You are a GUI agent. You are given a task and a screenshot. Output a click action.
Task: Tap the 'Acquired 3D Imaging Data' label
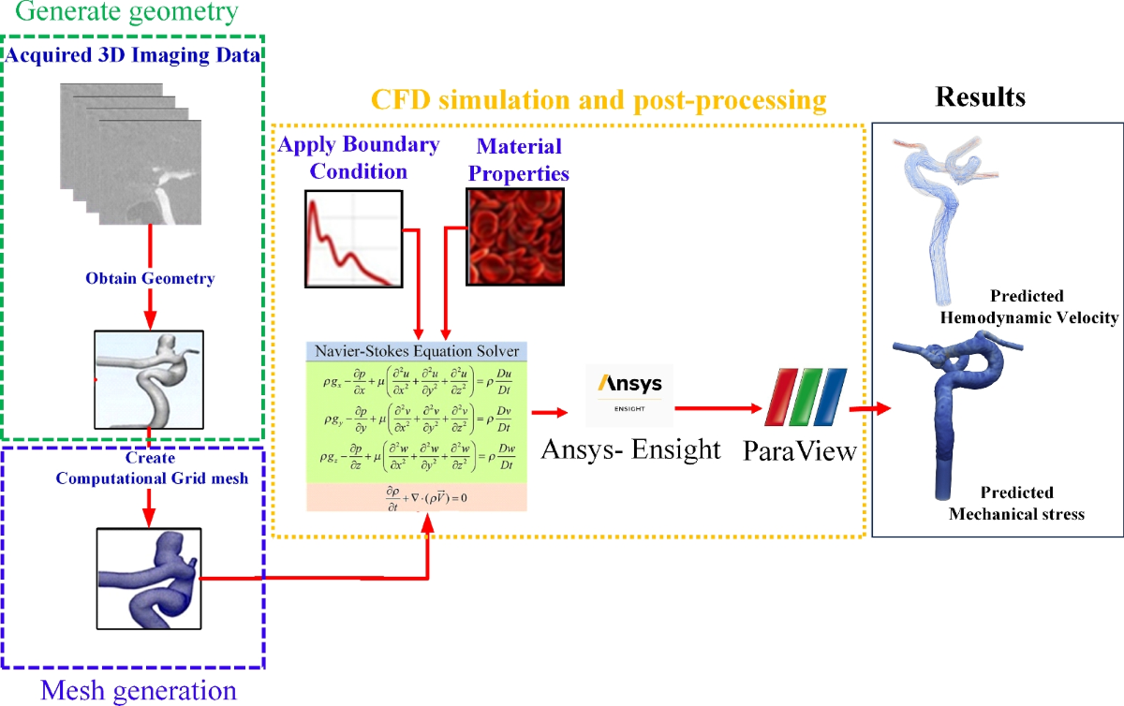[x=133, y=55]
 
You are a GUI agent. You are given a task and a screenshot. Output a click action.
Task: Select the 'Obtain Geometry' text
[x=150, y=278]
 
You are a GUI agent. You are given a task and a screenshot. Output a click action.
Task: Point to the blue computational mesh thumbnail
[x=148, y=578]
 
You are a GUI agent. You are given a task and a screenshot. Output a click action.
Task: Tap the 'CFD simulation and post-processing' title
[x=599, y=99]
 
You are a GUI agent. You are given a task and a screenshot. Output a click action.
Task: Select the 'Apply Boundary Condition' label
[x=360, y=158]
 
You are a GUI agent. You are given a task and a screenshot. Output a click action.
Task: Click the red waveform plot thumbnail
[x=353, y=238]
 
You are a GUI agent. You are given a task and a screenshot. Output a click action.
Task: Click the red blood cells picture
[x=516, y=235]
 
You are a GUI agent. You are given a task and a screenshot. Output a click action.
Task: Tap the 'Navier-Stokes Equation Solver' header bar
[x=418, y=352]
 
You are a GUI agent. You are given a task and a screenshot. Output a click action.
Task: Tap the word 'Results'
[x=980, y=96]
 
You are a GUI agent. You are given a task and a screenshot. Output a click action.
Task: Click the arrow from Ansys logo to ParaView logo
[x=717, y=408]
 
